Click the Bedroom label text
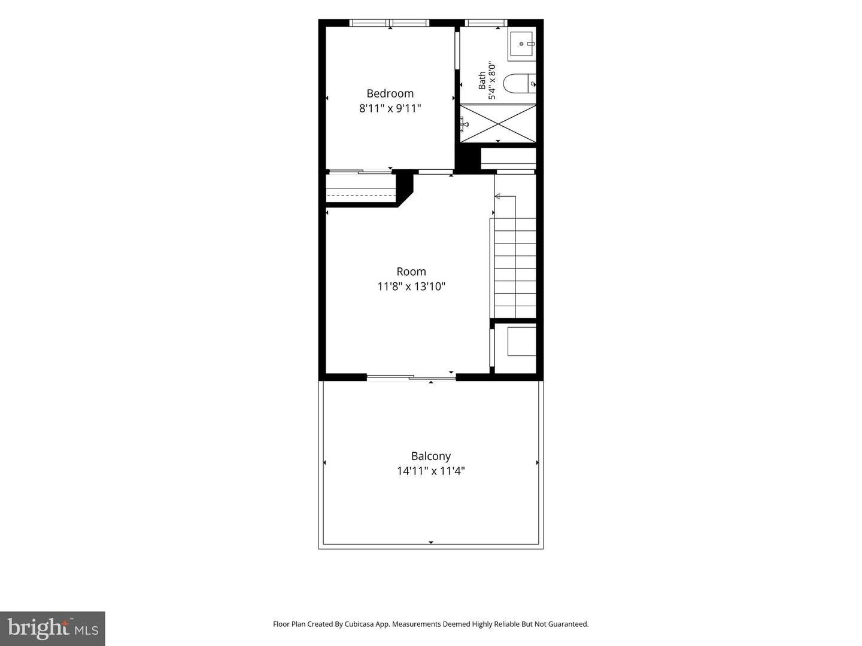(390, 93)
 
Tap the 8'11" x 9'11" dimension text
(390, 108)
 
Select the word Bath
(482, 80)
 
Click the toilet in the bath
(519, 84)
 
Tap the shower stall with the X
(498, 123)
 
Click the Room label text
(411, 272)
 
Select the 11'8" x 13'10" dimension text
(411, 287)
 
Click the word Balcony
(431, 456)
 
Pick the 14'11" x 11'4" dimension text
(431, 471)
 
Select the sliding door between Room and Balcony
(411, 377)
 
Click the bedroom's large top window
(390, 23)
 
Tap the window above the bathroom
(486, 23)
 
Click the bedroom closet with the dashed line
(361, 188)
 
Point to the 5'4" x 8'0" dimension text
(492, 80)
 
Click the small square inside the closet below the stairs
(521, 341)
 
